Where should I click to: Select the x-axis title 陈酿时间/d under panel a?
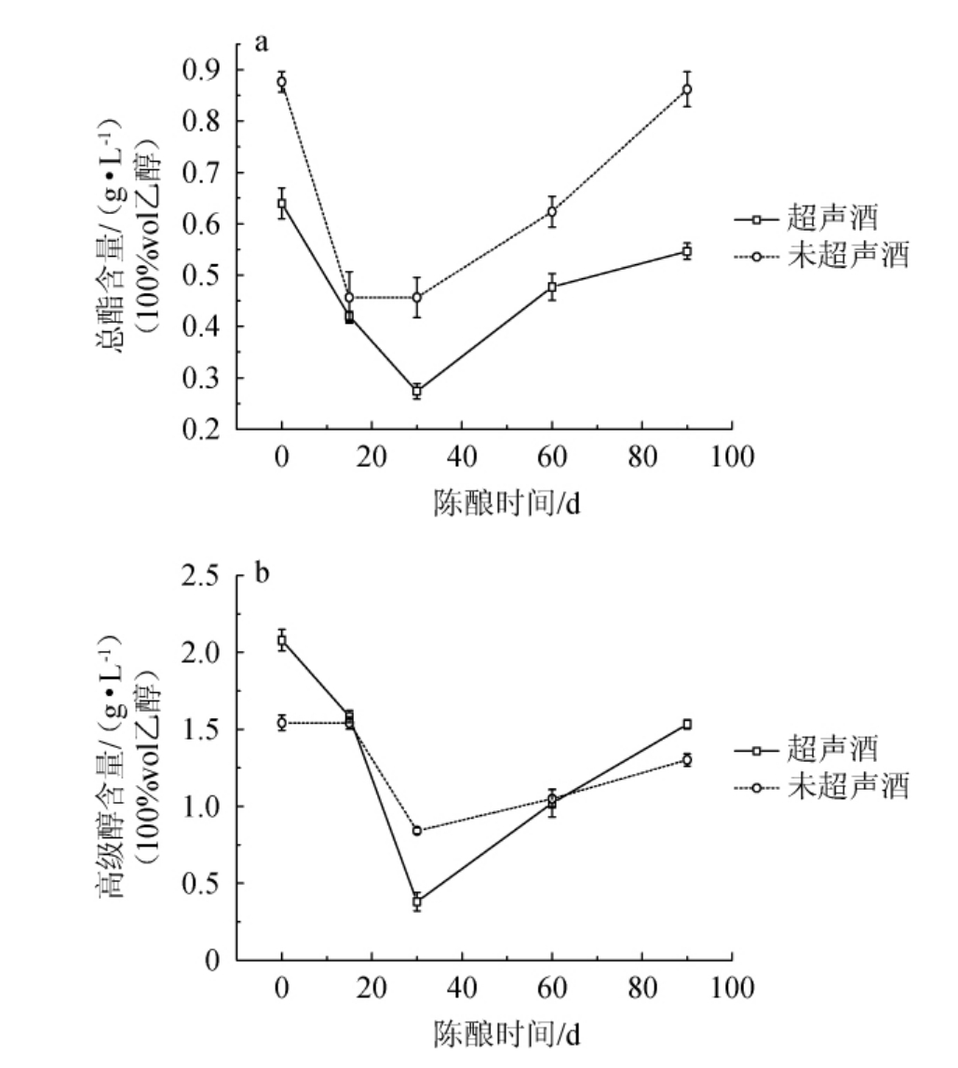click(x=506, y=502)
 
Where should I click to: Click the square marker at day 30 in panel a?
click(x=417, y=391)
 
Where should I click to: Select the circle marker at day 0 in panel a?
click(x=281, y=82)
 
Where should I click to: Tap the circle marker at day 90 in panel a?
click(x=687, y=89)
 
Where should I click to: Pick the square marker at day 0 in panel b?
click(x=281, y=640)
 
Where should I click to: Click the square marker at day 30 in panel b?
click(x=417, y=901)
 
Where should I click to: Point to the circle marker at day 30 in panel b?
click(x=417, y=830)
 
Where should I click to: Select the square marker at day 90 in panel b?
click(x=687, y=724)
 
